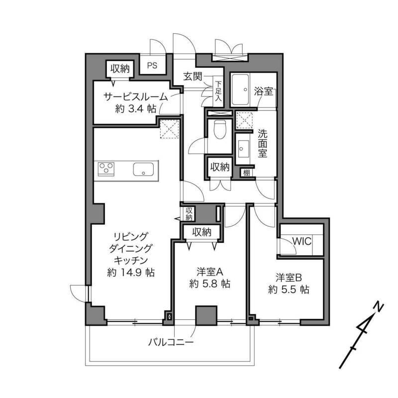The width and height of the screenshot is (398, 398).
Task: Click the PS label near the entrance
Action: point(152,66)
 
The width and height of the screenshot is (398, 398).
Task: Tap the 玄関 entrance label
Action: point(193,77)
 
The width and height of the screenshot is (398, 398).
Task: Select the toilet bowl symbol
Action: point(218,129)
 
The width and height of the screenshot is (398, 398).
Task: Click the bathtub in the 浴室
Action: point(240,90)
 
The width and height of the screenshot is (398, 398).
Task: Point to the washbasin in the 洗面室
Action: point(241,148)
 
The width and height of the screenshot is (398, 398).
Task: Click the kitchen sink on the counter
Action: point(143,169)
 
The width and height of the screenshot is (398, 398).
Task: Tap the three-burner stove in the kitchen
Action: point(106,169)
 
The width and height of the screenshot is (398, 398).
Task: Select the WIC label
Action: point(302,241)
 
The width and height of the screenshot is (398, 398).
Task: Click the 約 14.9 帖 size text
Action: point(131,273)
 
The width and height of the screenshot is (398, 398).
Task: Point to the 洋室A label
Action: point(210,272)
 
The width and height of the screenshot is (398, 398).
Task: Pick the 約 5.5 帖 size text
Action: point(289,290)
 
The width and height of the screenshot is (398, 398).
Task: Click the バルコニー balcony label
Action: point(171,342)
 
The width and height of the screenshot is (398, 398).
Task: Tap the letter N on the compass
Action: point(379,307)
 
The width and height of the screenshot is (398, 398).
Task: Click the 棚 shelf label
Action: point(246,173)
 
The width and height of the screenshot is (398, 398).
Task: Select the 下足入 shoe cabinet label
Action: point(218,92)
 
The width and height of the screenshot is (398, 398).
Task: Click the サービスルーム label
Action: point(136,97)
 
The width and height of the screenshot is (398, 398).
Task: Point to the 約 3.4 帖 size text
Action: point(136,109)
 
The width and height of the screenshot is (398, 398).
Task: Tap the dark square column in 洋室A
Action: point(206,315)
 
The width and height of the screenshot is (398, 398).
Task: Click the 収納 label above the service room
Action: point(120,69)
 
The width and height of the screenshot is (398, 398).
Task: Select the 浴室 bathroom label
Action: point(264,91)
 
